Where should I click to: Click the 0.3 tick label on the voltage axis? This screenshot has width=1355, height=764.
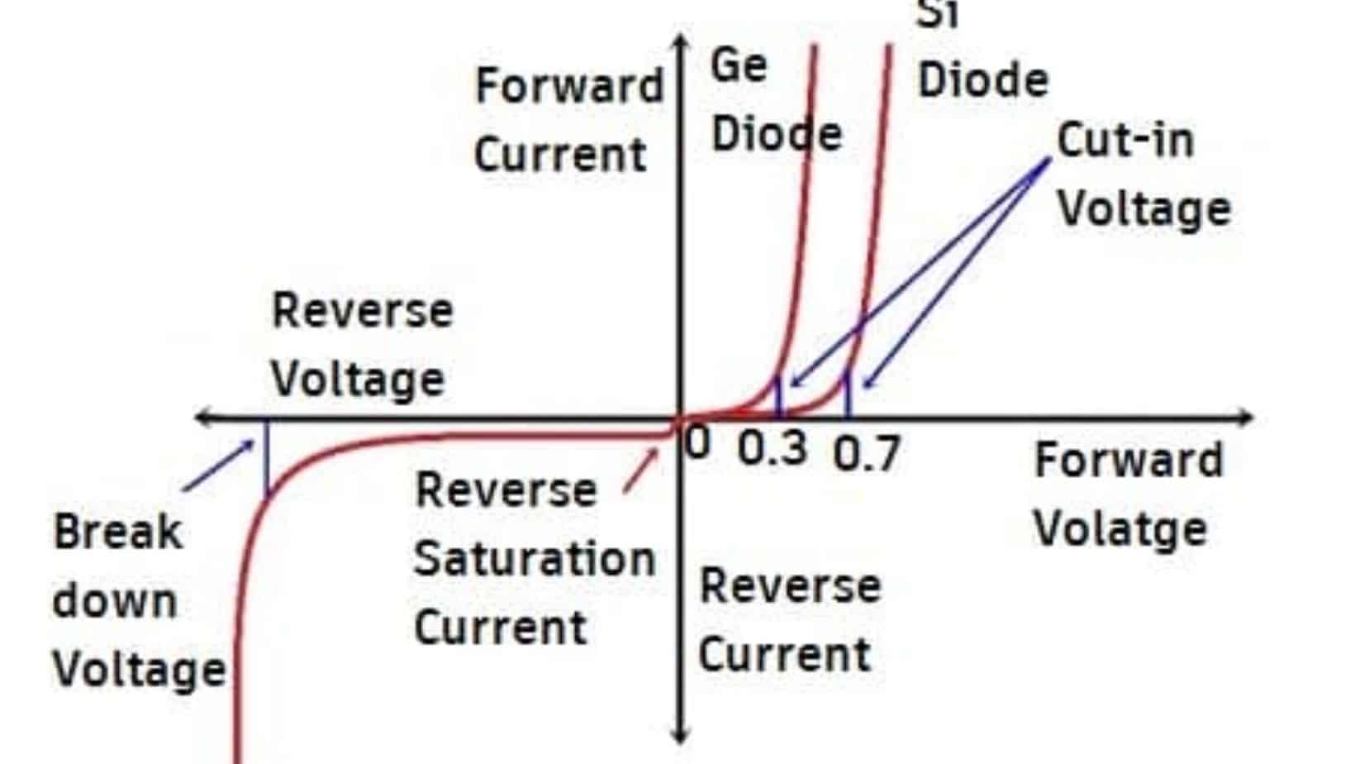coord(772,449)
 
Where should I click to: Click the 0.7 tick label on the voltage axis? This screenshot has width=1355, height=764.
coord(867,453)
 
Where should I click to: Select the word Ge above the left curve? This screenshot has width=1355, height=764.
coord(739,65)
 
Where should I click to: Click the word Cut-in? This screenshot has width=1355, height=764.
coord(1126,140)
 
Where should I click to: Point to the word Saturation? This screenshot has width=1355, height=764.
coord(535,559)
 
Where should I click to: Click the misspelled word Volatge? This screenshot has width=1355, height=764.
coord(1121,529)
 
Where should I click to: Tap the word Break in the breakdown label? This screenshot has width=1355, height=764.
coord(117,532)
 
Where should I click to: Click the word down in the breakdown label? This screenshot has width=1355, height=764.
coord(115,600)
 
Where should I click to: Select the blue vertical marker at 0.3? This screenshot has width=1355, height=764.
coord(778,397)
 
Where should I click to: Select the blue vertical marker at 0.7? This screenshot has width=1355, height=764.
coord(848,394)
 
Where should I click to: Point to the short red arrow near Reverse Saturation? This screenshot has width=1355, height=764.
coord(641,470)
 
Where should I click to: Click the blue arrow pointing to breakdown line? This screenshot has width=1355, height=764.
coord(219,466)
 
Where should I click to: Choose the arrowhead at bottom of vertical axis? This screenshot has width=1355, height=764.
coord(681,735)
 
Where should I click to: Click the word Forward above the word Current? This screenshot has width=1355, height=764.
coord(570,86)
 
